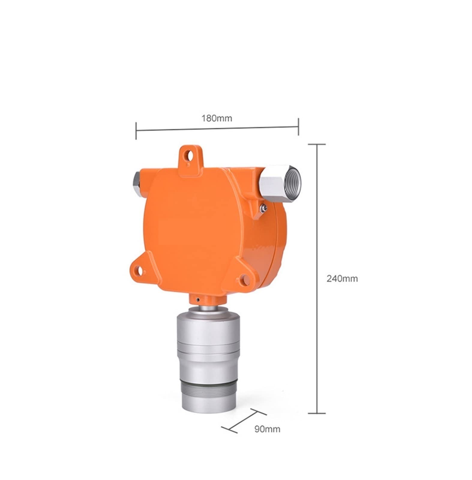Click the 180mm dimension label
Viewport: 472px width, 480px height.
coord(217,118)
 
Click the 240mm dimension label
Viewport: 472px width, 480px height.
coord(342,279)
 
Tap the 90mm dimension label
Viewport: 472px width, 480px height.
coord(267,429)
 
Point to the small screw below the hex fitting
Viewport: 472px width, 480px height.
coord(263,207)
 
